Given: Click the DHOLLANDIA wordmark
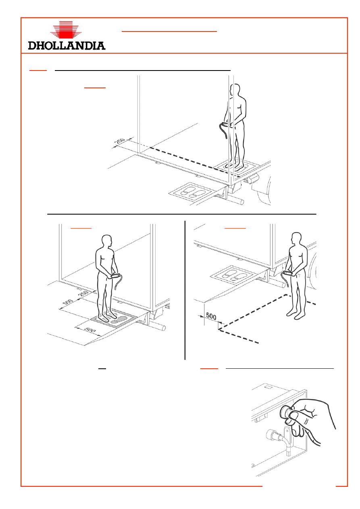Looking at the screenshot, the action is coord(67,46).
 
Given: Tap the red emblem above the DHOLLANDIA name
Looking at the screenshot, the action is coord(66,29).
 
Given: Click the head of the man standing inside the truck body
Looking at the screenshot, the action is coord(235,89).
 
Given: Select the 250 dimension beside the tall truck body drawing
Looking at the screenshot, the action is coord(120,141).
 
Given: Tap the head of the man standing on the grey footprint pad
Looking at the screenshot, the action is coord(107,241).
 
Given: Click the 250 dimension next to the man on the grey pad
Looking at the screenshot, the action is coord(83,294).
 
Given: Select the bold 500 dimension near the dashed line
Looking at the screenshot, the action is coord(211,316).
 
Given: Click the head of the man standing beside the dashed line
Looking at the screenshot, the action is coord(296,239).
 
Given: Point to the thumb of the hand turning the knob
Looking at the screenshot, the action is coord(293,416).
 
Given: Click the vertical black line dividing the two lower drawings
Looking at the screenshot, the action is coord(185,290).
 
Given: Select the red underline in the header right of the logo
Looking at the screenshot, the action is coord(169,31).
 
